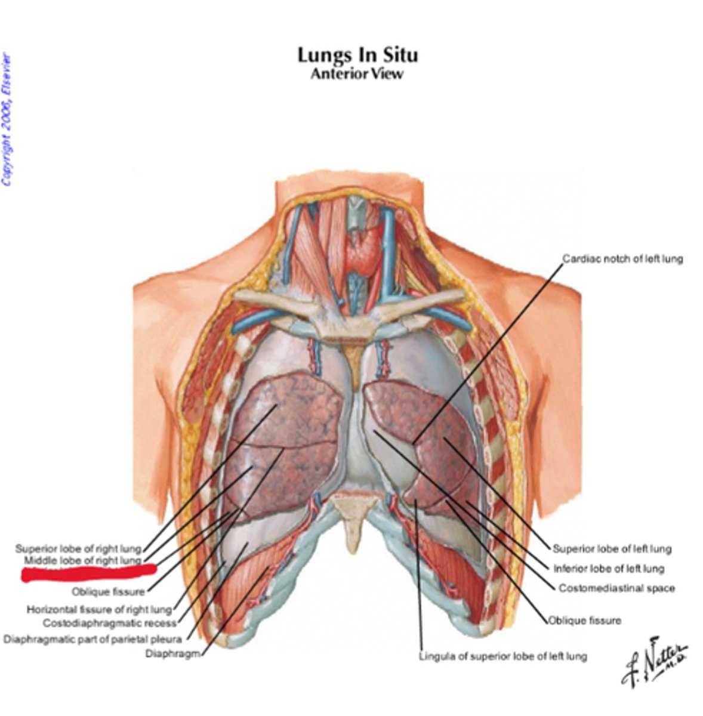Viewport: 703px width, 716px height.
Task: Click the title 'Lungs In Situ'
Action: click(x=357, y=55)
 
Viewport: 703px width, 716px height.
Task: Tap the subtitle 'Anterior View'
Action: click(x=357, y=74)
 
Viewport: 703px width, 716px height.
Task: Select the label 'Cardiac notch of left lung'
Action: click(x=622, y=259)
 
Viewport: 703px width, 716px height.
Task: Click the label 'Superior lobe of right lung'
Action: click(x=78, y=548)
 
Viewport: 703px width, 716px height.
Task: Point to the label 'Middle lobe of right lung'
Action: click(x=82, y=561)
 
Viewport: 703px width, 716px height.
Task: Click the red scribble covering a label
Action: click(x=88, y=573)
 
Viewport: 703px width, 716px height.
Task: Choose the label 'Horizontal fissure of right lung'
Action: click(x=99, y=610)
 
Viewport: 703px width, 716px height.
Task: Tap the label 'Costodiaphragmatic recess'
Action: click(x=110, y=624)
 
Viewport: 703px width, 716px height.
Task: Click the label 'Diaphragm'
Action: click(x=172, y=653)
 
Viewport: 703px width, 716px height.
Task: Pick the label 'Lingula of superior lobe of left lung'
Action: click(x=502, y=656)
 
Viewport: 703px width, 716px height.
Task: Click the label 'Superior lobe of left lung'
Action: click(x=612, y=549)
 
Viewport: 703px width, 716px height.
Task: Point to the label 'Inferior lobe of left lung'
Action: click(x=608, y=569)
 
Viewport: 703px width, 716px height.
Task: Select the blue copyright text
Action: click(x=7, y=119)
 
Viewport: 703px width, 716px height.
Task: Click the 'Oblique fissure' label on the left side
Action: click(x=108, y=592)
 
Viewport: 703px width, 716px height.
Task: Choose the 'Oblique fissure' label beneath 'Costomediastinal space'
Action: click(x=585, y=621)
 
